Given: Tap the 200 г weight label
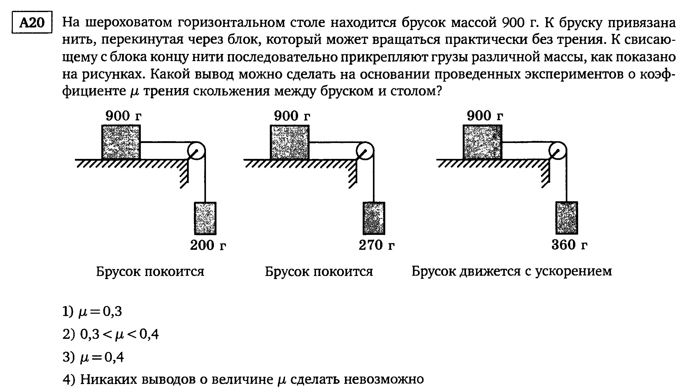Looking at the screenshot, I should pyautogui.click(x=208, y=245).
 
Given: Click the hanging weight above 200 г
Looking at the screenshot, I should pyautogui.click(x=205, y=218).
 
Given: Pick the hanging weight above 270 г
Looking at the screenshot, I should pyautogui.click(x=374, y=218).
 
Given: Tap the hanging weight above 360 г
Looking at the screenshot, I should pyautogui.click(x=567, y=218).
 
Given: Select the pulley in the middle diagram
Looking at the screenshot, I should pyautogui.click(x=365, y=150).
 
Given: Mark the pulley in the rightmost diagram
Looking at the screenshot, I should pyautogui.click(x=558, y=150).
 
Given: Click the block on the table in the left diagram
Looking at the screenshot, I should pyautogui.click(x=121, y=142).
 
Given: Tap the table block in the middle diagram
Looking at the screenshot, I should pyautogui.click(x=289, y=142).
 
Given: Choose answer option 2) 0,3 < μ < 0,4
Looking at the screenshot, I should pyautogui.click(x=111, y=335).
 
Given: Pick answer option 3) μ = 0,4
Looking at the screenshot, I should pyautogui.click(x=93, y=358).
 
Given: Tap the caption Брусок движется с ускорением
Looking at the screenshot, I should pyautogui.click(x=511, y=271).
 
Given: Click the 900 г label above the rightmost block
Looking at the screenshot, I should pyautogui.click(x=485, y=116).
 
